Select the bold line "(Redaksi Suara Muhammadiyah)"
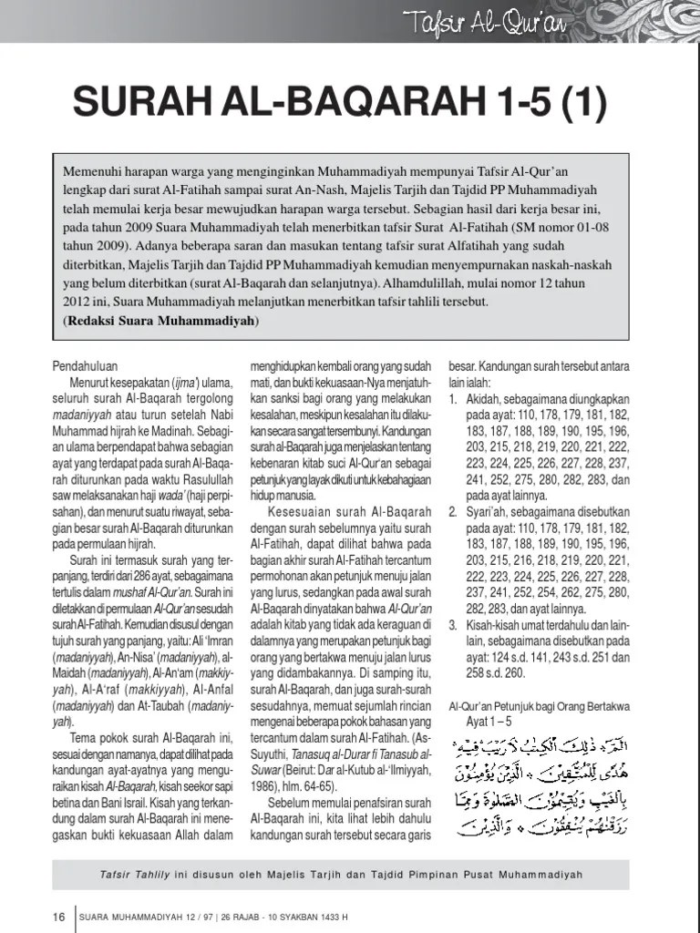click(x=160, y=322)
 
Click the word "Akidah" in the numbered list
click(x=484, y=398)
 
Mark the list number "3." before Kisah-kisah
click(x=453, y=626)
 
